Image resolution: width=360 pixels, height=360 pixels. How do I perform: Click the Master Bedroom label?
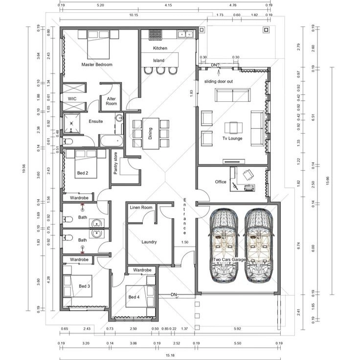pyautogui.click(x=97, y=65)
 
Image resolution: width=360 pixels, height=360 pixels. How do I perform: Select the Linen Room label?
pyautogui.click(x=141, y=208)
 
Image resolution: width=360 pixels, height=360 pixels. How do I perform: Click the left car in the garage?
pyautogui.click(x=223, y=247)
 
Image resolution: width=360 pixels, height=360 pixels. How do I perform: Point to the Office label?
pyautogui.click(x=221, y=182)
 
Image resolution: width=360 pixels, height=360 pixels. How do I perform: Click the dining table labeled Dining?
pyautogui.click(x=151, y=134)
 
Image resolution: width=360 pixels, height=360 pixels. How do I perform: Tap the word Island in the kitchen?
pyautogui.click(x=158, y=61)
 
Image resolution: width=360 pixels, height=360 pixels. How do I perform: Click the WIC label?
pyautogui.click(x=72, y=98)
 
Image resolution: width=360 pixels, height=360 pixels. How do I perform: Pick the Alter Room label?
pyautogui.click(x=112, y=101)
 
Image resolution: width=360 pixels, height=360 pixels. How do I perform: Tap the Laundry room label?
pyautogui.click(x=149, y=242)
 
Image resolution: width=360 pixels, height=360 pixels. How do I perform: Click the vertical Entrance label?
pyautogui.click(x=185, y=216)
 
